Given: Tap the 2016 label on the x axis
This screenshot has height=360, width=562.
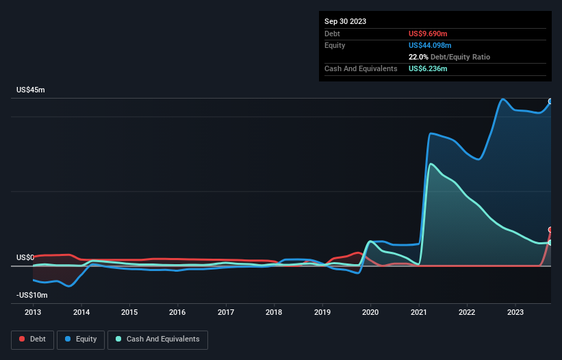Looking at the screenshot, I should (177, 313).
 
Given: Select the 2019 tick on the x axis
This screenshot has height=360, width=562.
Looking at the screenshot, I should (322, 313).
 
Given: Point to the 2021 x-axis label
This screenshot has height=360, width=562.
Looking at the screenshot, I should (419, 313).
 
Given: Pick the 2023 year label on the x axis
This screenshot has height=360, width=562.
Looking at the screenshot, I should (515, 313).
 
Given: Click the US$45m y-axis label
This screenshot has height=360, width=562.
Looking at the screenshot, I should (31, 90).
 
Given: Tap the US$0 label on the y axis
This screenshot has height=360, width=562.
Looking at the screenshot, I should (25, 257).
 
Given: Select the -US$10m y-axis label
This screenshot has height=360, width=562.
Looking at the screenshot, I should (32, 295).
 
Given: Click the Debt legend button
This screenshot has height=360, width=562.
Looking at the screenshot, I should (32, 339).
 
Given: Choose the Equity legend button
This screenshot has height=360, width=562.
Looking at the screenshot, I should (81, 339).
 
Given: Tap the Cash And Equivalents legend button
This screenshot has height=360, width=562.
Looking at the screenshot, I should (157, 339).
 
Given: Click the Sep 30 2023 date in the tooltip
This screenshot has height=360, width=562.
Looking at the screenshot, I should (346, 21).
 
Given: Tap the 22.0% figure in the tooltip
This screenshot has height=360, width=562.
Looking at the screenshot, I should (419, 57).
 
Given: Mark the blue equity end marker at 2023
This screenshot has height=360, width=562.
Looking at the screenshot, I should (550, 101).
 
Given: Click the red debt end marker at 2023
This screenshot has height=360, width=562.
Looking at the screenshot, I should (550, 230).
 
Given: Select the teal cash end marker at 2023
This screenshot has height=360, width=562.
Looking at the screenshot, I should (550, 242).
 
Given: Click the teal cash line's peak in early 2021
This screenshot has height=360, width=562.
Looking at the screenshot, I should (430, 164).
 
